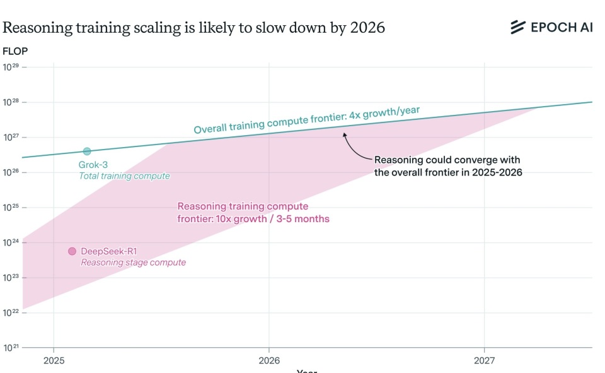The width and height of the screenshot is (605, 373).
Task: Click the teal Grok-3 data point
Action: click(x=87, y=151)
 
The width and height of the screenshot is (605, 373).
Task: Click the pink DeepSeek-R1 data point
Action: click(x=72, y=251)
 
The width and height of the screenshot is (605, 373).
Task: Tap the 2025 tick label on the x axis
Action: click(x=54, y=361)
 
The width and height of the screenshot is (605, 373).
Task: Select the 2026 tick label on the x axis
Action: click(x=268, y=361)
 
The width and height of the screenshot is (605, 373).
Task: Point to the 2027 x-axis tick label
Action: click(x=484, y=361)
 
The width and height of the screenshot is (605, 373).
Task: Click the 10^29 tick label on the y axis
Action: click(x=11, y=67)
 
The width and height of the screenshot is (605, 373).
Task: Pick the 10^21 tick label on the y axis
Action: click(x=11, y=347)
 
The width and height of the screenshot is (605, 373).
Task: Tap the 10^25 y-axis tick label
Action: click(x=11, y=207)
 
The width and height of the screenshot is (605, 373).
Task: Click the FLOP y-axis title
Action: click(x=15, y=50)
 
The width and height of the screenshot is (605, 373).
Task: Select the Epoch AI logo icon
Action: click(x=517, y=27)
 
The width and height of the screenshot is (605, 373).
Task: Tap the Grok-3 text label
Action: click(x=93, y=165)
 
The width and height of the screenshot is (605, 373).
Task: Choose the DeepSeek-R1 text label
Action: click(x=108, y=251)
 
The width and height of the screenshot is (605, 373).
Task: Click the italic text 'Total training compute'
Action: click(x=124, y=176)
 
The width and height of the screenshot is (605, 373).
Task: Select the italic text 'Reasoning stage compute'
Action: click(x=133, y=263)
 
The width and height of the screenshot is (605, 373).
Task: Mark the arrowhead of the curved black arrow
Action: click(x=344, y=133)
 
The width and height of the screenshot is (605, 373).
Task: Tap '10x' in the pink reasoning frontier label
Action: click(x=225, y=219)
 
